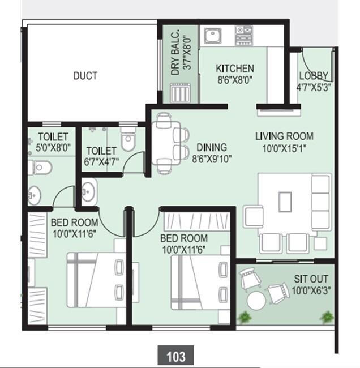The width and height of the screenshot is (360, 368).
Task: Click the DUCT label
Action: click(85, 75)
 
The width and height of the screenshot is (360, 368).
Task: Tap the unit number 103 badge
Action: click(176, 357)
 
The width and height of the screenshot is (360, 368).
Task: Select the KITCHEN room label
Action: click(234, 69)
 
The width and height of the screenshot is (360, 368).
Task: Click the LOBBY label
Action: click(313, 76)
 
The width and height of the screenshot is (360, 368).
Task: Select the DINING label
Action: click(211, 148)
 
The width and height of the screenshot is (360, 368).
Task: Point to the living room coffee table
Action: click(285, 200)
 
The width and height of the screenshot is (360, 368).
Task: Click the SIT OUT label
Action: click(311, 280)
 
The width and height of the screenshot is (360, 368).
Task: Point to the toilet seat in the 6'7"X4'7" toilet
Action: click(128, 141)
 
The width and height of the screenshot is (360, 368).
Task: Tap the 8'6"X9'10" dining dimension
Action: click(212, 159)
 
